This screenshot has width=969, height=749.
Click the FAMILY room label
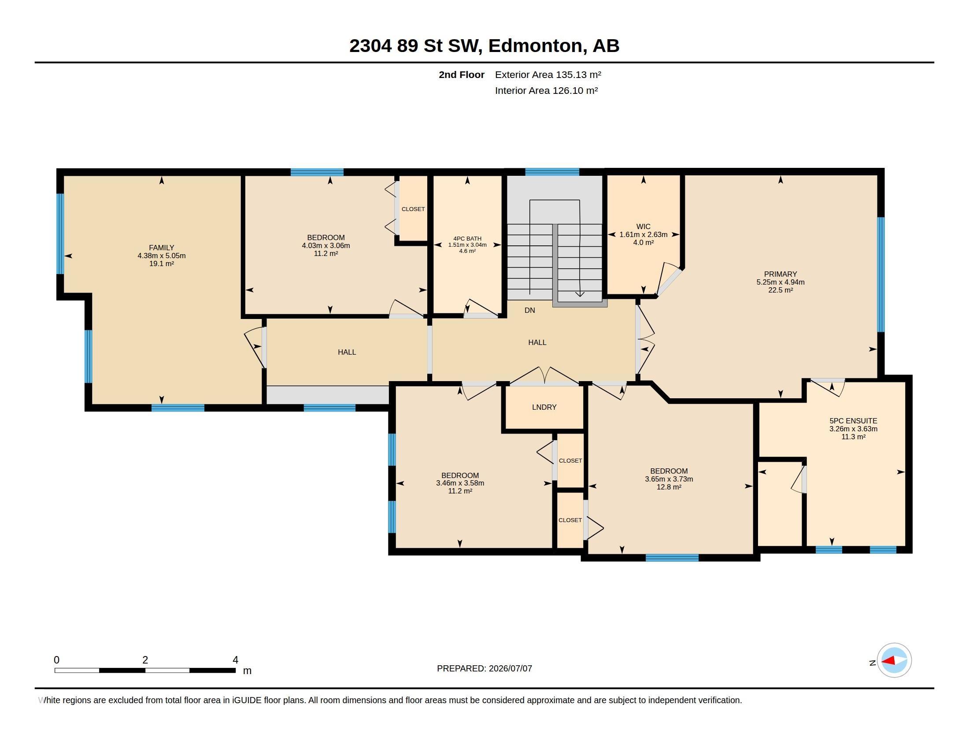162,248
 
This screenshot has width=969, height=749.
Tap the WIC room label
644,226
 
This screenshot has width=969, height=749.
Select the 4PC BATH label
467,238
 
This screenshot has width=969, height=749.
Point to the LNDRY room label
544,407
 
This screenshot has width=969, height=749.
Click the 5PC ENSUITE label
853,421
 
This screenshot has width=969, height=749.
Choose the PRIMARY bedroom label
780,274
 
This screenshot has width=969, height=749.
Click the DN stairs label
530,310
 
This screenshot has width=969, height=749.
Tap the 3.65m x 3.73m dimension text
669,479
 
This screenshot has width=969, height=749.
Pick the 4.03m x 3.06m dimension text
326,245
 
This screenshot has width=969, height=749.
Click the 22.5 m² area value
780,290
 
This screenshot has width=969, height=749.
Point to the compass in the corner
894,660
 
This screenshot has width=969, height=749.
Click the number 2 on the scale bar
145,660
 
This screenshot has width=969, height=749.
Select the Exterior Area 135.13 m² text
548,74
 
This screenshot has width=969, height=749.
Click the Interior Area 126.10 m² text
547,90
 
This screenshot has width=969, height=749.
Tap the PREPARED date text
484,668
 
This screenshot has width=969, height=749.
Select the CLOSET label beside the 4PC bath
413,209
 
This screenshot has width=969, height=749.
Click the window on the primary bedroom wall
881,274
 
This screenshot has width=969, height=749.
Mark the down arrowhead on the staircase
580,294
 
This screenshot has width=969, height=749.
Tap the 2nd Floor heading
462,74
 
